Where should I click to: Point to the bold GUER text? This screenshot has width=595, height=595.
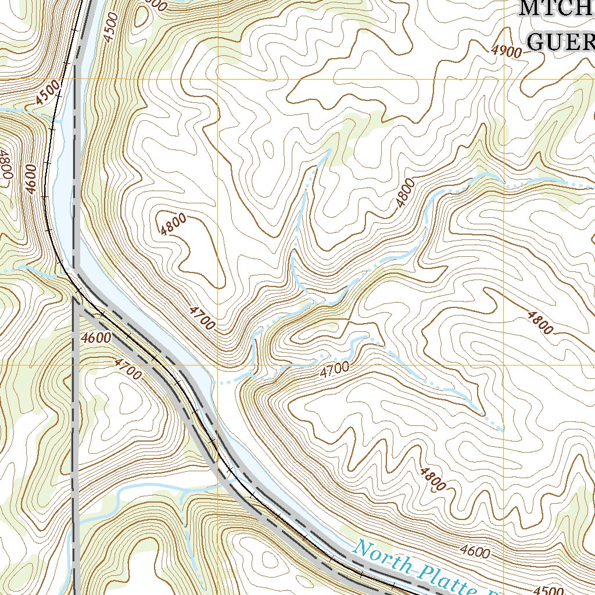(x=561, y=42)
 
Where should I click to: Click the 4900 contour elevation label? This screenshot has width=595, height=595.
(x=506, y=51)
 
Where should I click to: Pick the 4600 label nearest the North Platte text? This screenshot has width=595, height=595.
(x=474, y=551)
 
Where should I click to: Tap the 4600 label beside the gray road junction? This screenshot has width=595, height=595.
(x=96, y=338)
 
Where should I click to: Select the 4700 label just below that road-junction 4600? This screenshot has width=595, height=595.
(x=128, y=370)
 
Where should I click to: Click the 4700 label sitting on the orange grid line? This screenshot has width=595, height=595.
(x=334, y=367)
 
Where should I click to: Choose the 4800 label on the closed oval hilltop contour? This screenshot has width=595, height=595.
(x=174, y=223)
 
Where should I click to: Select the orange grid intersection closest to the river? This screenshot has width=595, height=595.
(x=218, y=365)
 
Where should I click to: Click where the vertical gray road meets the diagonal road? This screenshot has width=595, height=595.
(x=75, y=299)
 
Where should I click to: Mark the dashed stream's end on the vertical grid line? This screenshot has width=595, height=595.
(x=503, y=430)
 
